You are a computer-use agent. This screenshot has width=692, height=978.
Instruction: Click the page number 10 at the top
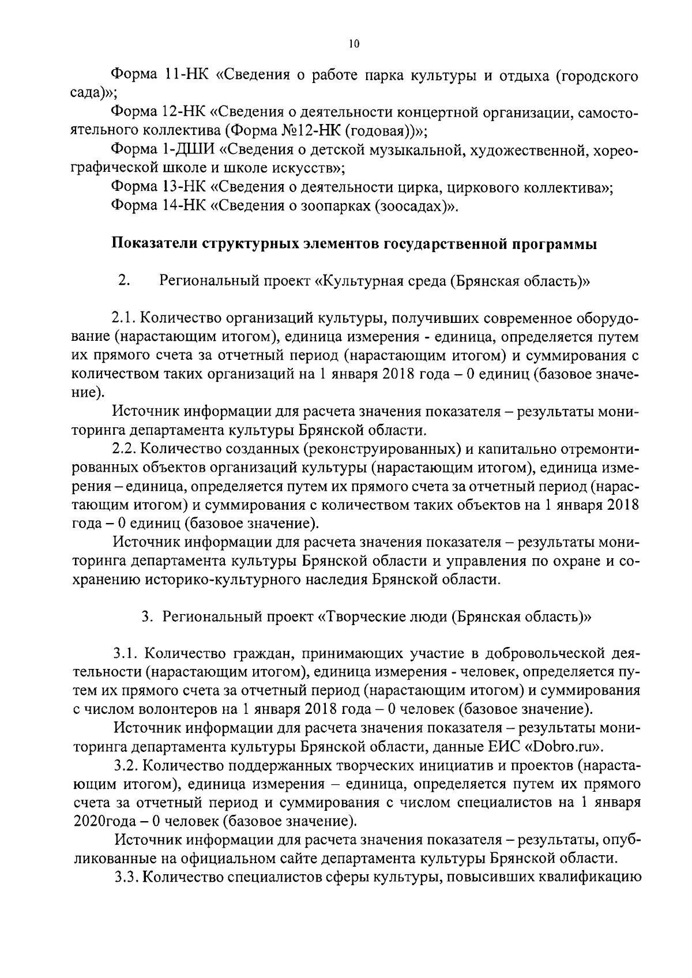coord(354,44)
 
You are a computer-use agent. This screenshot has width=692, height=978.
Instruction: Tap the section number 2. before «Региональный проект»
coord(123,281)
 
